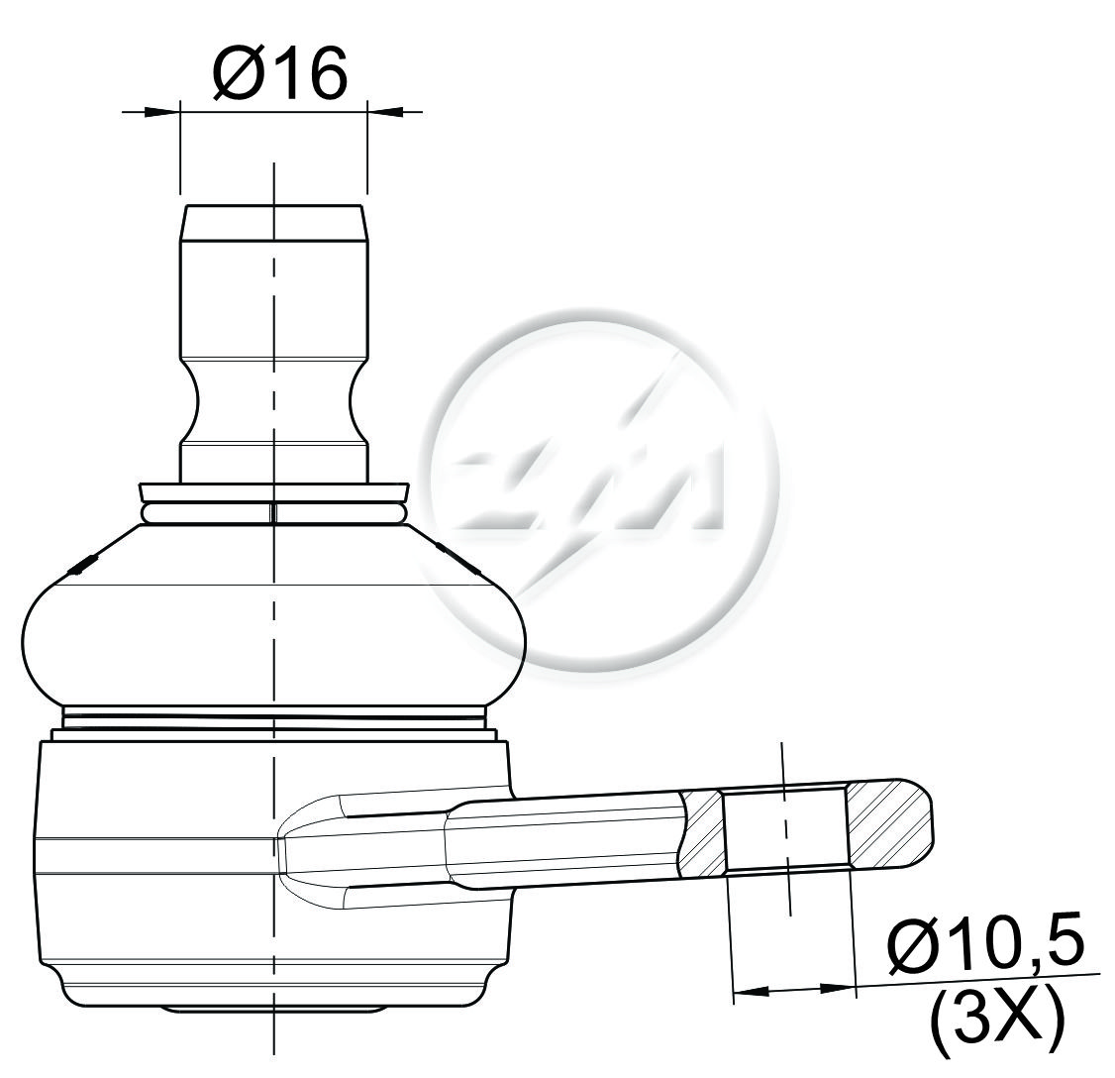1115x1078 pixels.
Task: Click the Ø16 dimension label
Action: (x=279, y=72)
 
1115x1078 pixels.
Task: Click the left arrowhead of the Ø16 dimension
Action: (x=162, y=112)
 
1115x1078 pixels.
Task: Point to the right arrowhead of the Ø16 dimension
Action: (x=384, y=111)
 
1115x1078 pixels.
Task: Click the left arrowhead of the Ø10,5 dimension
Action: (x=751, y=990)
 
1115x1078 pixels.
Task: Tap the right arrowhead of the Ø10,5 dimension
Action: (x=838, y=988)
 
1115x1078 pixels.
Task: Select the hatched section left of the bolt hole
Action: (x=701, y=832)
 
